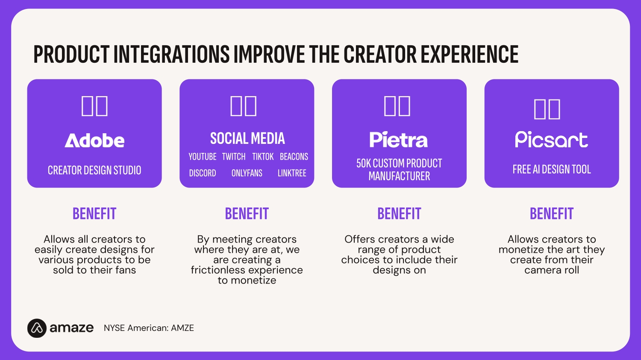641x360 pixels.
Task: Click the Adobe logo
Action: [x=94, y=140]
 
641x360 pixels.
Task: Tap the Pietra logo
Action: [x=399, y=140]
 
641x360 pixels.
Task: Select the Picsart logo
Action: [x=551, y=140]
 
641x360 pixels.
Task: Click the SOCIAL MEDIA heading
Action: [x=247, y=138]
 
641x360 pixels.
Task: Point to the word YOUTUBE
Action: [x=202, y=157]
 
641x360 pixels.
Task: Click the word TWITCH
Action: [x=234, y=157]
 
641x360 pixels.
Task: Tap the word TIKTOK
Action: [x=263, y=157]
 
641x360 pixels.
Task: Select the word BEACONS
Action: [x=294, y=157]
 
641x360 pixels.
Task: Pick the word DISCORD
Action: [x=202, y=173]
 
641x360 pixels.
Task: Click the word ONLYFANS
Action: [x=247, y=173]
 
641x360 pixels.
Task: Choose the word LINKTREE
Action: [x=292, y=173]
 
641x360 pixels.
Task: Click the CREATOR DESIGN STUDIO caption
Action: [x=94, y=170]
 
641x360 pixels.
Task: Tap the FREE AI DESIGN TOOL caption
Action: [x=552, y=169]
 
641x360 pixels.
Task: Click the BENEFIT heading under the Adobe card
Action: [x=94, y=214]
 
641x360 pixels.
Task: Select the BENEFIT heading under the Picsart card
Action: [x=552, y=214]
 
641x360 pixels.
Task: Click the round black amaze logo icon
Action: [x=37, y=328]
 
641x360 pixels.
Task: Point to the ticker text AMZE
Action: [x=182, y=328]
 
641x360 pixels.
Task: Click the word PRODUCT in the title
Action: [x=71, y=54]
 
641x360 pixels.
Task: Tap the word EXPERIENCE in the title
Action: [x=470, y=54]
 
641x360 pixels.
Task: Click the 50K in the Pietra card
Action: [x=363, y=163]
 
